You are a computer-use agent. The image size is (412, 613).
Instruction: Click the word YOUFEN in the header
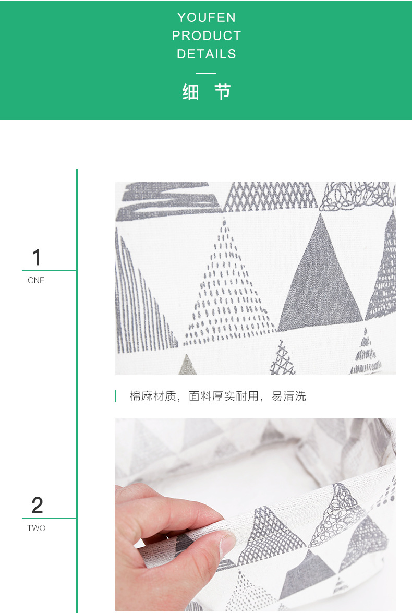(206, 18)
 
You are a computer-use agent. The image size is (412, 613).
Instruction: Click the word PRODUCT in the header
(206, 36)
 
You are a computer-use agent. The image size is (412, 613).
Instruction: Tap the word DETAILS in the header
(206, 54)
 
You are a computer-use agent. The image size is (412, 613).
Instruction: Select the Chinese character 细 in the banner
(190, 92)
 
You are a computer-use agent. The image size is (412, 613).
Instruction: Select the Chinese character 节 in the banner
(223, 92)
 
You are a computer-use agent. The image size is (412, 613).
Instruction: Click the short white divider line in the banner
(206, 74)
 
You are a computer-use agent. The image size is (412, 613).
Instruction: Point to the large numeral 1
(36, 258)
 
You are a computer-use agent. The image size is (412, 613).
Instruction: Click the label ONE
(36, 281)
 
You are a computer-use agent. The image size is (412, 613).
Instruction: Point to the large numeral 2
(37, 506)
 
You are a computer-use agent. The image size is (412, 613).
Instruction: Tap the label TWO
(36, 528)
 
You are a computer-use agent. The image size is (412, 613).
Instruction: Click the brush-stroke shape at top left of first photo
(167, 201)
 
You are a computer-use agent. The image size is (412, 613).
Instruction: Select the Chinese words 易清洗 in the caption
(289, 396)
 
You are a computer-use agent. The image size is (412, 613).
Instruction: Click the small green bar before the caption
(116, 396)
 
